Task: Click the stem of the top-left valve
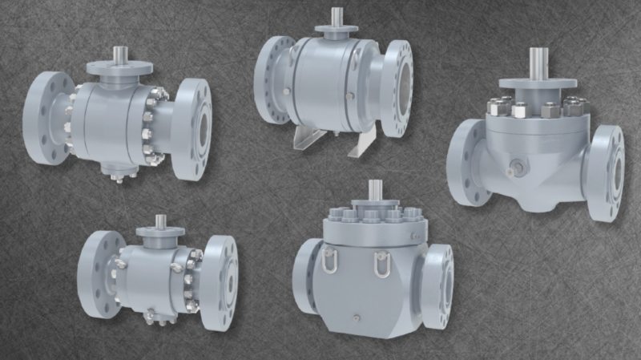119,55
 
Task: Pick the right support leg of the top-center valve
365,142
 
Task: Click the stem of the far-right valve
538,63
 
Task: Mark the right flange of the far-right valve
605,173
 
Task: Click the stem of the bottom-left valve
160,221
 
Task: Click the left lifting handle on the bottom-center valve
329,260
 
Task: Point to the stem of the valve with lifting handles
373,192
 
